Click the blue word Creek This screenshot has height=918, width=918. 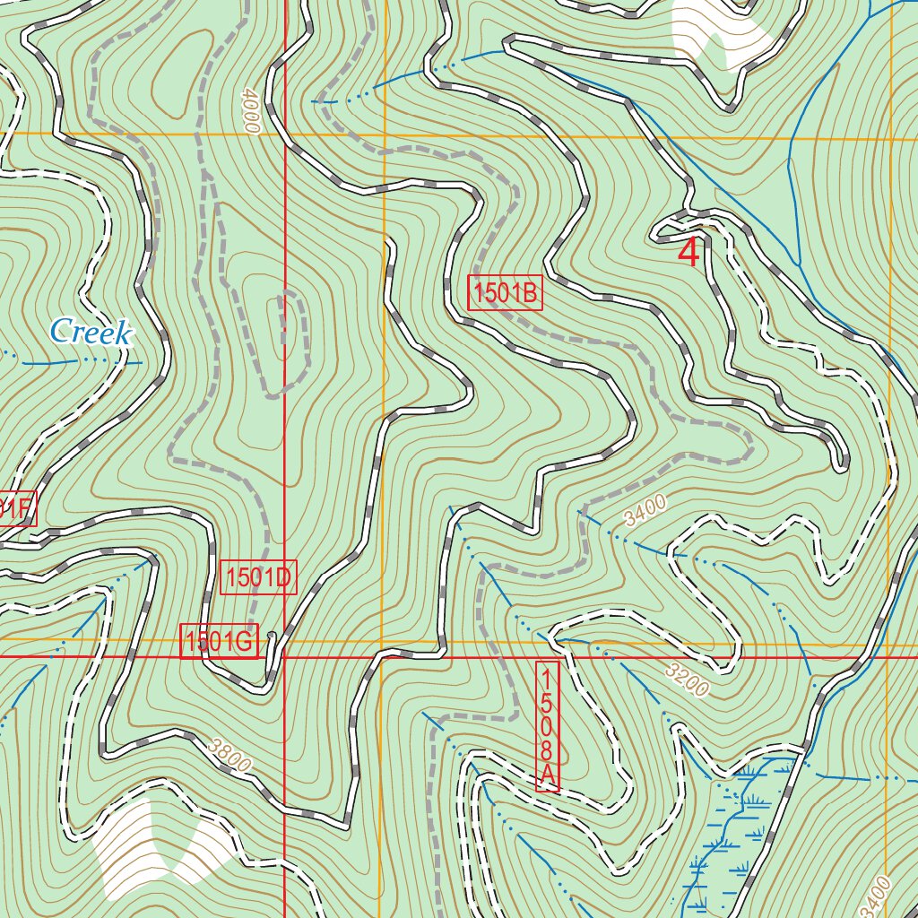coord(91,332)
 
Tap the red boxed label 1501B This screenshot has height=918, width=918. coord(506,293)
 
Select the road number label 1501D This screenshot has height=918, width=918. coord(258,577)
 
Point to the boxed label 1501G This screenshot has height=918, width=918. coord(220,641)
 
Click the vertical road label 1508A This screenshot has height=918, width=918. coord(548,726)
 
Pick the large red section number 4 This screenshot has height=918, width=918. coord(688,253)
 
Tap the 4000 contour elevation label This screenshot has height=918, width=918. coord(249,110)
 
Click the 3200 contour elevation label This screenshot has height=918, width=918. coord(688,680)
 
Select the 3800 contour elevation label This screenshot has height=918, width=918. coord(228,755)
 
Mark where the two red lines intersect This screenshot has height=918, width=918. coord(284,657)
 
